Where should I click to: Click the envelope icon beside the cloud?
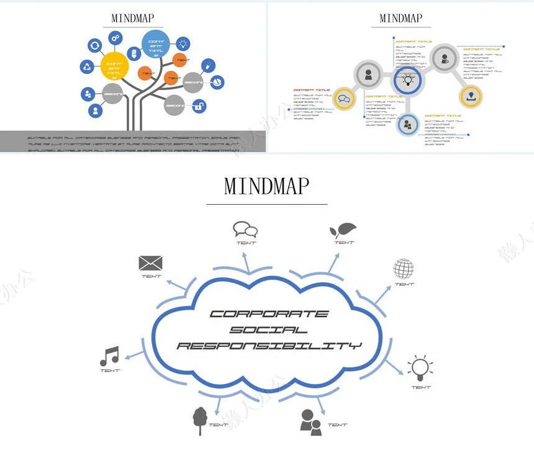pyautogui.click(x=150, y=263)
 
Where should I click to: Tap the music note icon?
pyautogui.click(x=109, y=356)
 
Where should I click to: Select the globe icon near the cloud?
pyautogui.click(x=404, y=269)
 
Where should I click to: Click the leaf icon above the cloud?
pyautogui.click(x=342, y=230)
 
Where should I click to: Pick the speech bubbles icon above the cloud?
pyautogui.click(x=245, y=230)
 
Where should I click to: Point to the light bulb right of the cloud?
pyautogui.click(x=419, y=368)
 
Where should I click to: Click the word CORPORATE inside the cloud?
pyautogui.click(x=269, y=314)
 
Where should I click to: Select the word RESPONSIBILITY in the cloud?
pyautogui.click(x=269, y=345)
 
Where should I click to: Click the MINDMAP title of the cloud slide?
pyautogui.click(x=266, y=186)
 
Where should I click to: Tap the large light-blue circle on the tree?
pyautogui.click(x=155, y=45)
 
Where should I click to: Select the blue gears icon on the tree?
pyautogui.click(x=115, y=38)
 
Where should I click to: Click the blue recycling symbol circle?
pyautogui.click(x=88, y=66)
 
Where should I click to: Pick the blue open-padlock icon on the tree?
pyautogui.click(x=199, y=107)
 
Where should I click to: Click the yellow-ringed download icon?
pyautogui.click(x=471, y=96)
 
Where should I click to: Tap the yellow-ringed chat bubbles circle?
pyautogui.click(x=344, y=98)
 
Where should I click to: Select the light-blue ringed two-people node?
pyautogui.click(x=407, y=124)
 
